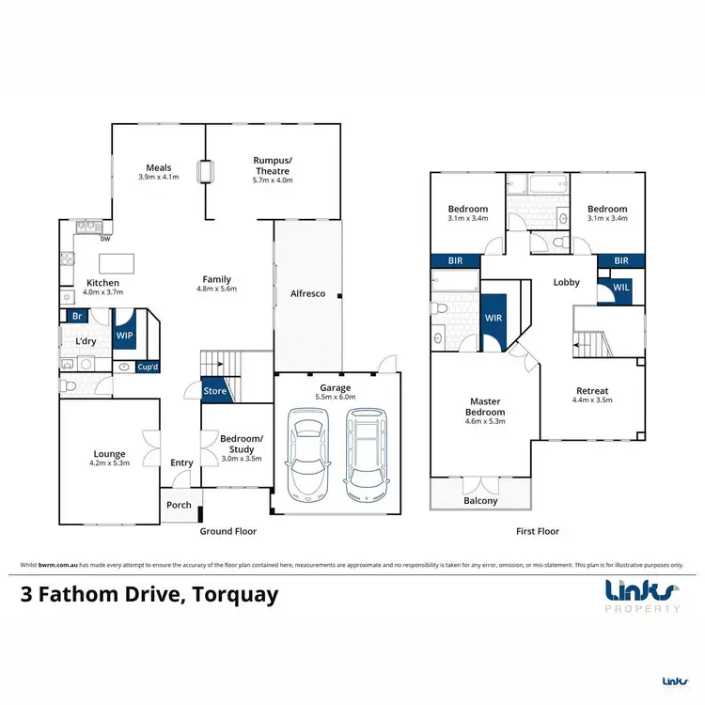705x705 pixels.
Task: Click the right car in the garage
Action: tap(365, 455)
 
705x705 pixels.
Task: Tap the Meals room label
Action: tap(158, 168)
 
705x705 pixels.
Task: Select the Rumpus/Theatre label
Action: tap(274, 164)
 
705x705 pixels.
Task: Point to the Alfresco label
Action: tap(307, 294)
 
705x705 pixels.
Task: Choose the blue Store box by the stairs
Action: tap(215, 391)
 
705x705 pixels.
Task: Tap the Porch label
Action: tap(179, 505)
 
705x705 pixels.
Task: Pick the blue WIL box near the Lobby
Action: tap(621, 289)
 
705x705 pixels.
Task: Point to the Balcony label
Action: tap(480, 501)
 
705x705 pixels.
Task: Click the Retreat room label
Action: tap(591, 391)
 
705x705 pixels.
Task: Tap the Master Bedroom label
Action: tap(486, 406)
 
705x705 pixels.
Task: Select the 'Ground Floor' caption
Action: tap(227, 531)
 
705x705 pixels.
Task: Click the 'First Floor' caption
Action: tap(538, 531)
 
